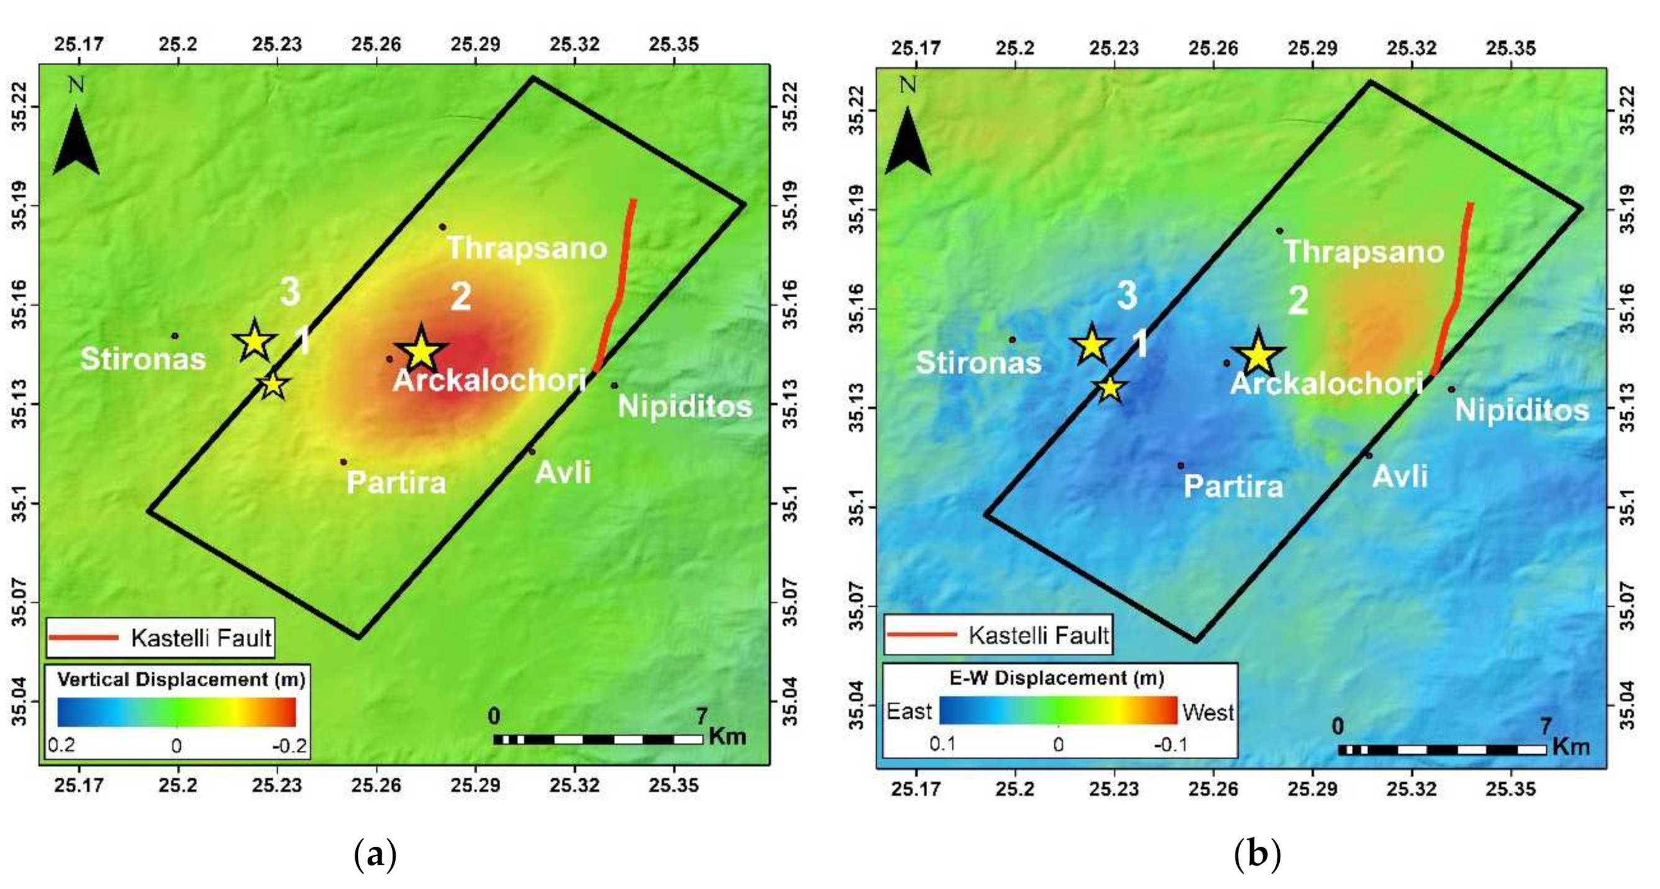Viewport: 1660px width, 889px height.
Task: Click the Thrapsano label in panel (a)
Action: click(x=526, y=248)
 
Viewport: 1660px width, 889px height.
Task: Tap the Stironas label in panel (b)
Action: click(x=978, y=363)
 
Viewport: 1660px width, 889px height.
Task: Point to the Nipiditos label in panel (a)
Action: click(x=685, y=407)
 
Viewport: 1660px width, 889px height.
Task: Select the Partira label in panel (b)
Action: click(x=1233, y=487)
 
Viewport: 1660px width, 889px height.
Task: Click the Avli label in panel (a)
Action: click(x=563, y=472)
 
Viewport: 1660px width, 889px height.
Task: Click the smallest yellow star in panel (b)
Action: click(x=1110, y=388)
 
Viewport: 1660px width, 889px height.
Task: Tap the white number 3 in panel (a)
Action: click(x=290, y=292)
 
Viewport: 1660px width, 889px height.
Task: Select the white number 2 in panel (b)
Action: click(x=1298, y=300)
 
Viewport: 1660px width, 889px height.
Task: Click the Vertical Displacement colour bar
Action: click(x=176, y=712)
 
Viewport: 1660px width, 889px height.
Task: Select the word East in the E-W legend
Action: click(x=910, y=712)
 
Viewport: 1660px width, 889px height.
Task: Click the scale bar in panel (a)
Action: click(x=598, y=739)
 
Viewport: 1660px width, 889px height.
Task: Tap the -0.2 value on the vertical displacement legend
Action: click(x=289, y=747)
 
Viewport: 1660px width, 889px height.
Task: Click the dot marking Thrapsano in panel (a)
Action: click(x=443, y=227)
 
